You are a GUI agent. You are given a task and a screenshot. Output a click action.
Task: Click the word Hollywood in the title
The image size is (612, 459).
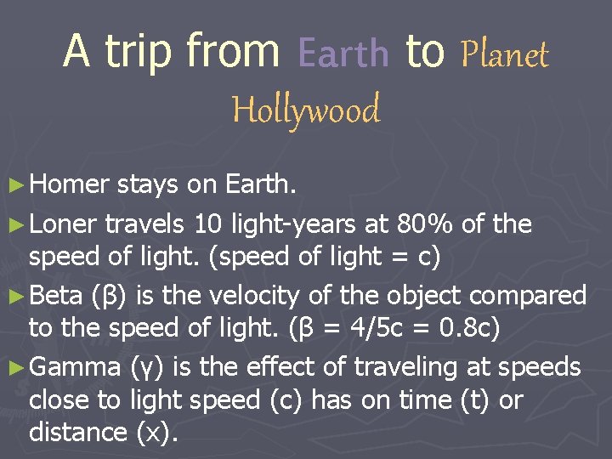point(306,110)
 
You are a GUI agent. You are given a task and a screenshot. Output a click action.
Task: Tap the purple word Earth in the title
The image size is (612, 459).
point(343,54)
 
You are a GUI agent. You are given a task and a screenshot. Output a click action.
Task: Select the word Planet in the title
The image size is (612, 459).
point(504,54)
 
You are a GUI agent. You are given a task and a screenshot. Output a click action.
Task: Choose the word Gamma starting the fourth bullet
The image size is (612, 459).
point(77,367)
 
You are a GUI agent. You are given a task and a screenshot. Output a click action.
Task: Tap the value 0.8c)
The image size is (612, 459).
point(473,327)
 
